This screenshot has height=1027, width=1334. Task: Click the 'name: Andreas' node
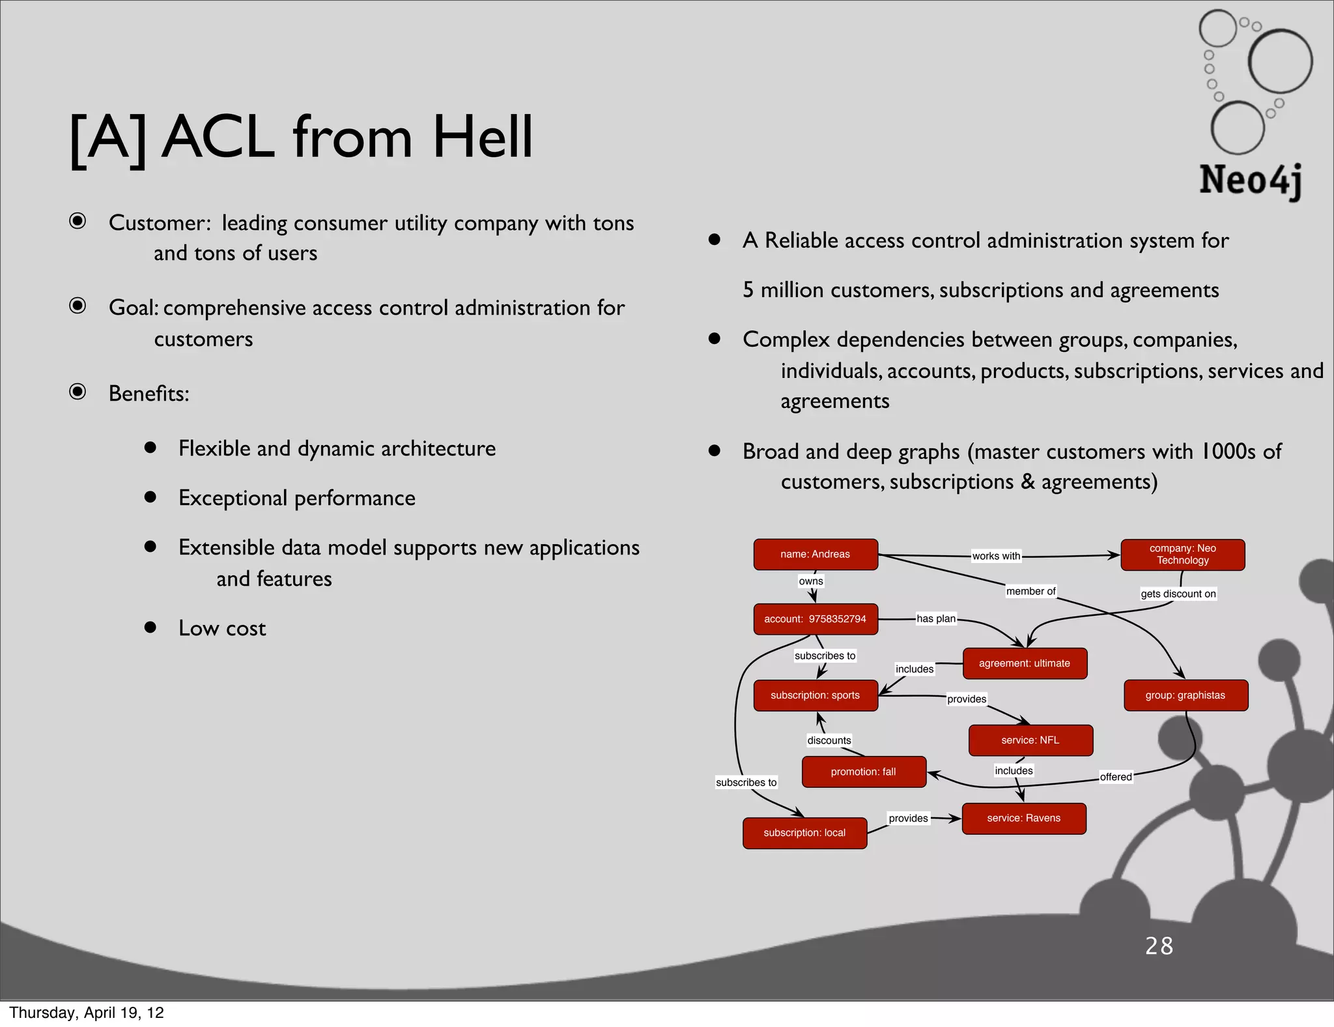(816, 555)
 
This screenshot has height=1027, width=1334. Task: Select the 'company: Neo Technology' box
(1182, 555)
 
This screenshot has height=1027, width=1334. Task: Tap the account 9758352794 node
(816, 619)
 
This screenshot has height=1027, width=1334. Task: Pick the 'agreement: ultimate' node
(1024, 663)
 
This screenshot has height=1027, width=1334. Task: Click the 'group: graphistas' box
(1185, 695)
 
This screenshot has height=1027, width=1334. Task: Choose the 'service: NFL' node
(1030, 740)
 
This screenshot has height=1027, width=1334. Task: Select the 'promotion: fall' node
(863, 772)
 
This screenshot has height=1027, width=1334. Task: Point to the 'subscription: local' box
(804, 833)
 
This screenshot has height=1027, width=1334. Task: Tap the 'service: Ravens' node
(1023, 818)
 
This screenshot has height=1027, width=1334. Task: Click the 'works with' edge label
(996, 556)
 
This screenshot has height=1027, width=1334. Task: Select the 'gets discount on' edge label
(1178, 594)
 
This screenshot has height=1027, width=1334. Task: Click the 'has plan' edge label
(936, 618)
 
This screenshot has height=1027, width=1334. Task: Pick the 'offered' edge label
(1116, 777)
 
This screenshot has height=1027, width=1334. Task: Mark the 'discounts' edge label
(829, 740)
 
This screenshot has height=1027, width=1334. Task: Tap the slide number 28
(1159, 946)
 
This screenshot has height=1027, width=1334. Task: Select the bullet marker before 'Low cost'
(150, 627)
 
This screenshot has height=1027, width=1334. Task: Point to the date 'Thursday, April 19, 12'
(87, 1013)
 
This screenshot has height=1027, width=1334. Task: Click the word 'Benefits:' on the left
(149, 394)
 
